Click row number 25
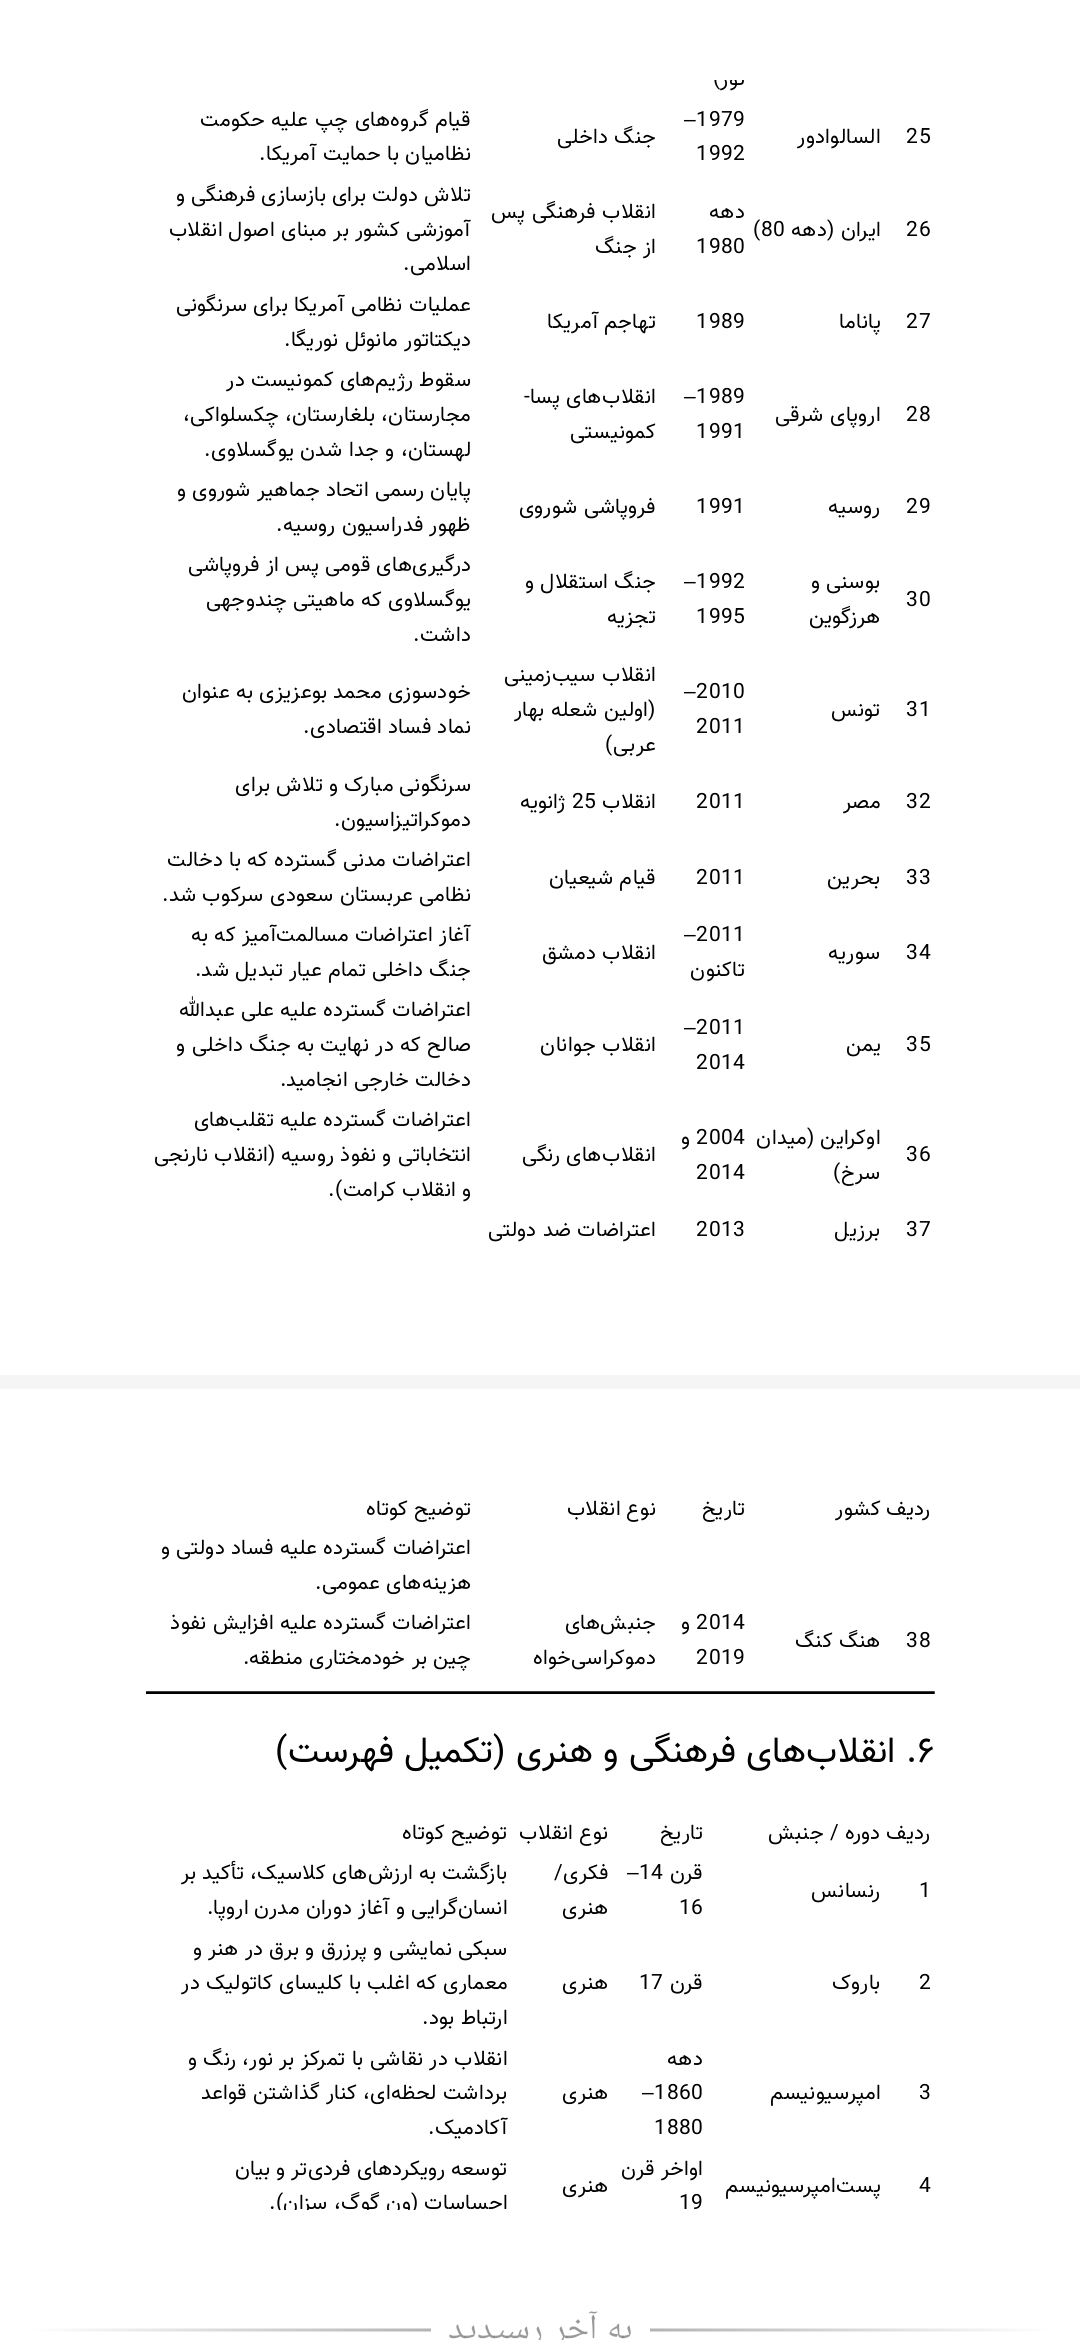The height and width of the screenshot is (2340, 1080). pyautogui.click(x=917, y=136)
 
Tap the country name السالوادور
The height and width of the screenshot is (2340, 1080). pyautogui.click(x=838, y=136)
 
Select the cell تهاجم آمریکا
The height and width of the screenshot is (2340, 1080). pyautogui.click(x=601, y=321)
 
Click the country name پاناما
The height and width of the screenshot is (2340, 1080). pyautogui.click(x=859, y=321)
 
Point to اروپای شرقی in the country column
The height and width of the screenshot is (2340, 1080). pyautogui.click(x=827, y=414)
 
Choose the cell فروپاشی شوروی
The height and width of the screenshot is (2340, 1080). pyautogui.click(x=587, y=506)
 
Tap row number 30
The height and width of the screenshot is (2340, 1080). pyautogui.click(x=917, y=599)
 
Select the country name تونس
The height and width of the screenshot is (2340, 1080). pyautogui.click(x=856, y=709)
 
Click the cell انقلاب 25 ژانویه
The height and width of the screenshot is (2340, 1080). pyautogui.click(x=587, y=801)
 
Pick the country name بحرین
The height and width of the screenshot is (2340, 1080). pyautogui.click(x=853, y=877)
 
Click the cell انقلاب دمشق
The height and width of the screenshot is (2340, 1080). pyautogui.click(x=598, y=952)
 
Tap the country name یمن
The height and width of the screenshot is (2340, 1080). pyautogui.click(x=862, y=1044)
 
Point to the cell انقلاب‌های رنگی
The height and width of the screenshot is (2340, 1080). pyautogui.click(x=588, y=1154)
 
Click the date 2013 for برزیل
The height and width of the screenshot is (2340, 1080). pyautogui.click(x=720, y=1229)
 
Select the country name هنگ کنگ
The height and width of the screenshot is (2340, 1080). pyautogui.click(x=837, y=1639)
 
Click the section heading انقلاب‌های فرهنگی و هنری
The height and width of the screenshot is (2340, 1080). pyautogui.click(x=604, y=1752)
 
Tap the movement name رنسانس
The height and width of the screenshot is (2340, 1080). pyautogui.click(x=845, y=1889)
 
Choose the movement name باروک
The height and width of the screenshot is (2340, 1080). pyautogui.click(x=856, y=1982)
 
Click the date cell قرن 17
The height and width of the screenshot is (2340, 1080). pyautogui.click(x=671, y=1982)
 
